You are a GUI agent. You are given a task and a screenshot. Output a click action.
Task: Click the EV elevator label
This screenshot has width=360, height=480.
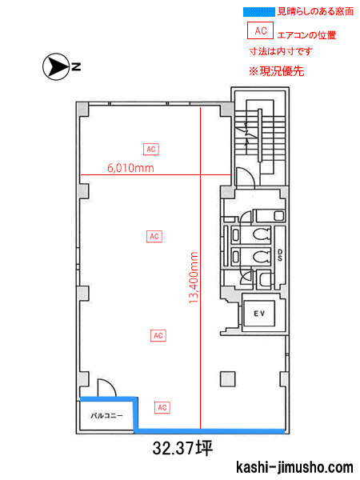259,314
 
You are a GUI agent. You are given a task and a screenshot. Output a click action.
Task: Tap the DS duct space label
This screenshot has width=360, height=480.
280,255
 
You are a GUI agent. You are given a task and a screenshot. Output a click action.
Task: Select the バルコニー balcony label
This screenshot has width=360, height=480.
106,415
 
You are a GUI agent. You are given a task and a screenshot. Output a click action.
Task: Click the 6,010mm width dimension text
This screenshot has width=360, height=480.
130,168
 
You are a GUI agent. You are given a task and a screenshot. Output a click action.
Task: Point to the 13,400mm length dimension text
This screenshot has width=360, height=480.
194,278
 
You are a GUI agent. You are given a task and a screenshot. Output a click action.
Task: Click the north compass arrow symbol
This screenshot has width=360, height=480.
56,66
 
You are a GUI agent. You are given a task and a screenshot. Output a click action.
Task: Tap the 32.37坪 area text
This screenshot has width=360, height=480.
182,448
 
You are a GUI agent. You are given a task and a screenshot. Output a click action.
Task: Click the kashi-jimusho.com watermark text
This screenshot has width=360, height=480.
294,467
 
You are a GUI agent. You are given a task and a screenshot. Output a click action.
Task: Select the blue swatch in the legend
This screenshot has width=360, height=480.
259,12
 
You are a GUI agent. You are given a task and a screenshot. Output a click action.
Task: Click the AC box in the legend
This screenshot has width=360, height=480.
260,30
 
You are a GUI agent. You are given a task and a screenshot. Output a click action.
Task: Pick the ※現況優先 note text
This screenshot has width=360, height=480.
276,71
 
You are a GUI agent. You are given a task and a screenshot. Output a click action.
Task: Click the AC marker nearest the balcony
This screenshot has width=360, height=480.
162,407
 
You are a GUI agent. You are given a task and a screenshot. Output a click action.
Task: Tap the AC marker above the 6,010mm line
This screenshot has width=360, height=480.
151,149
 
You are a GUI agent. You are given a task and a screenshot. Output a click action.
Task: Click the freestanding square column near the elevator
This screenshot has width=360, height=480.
228,379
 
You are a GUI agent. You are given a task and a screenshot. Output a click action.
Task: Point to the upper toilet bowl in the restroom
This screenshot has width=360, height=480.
262,234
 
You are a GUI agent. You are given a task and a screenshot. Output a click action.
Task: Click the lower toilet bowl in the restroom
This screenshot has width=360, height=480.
262,256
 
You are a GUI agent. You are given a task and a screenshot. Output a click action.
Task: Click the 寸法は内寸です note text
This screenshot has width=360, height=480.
281,51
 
